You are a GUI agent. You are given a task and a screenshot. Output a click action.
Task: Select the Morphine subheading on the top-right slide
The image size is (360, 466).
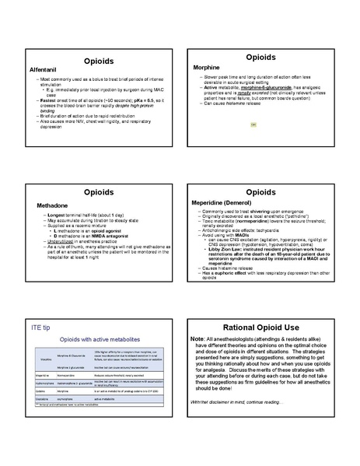coord(207,68)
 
